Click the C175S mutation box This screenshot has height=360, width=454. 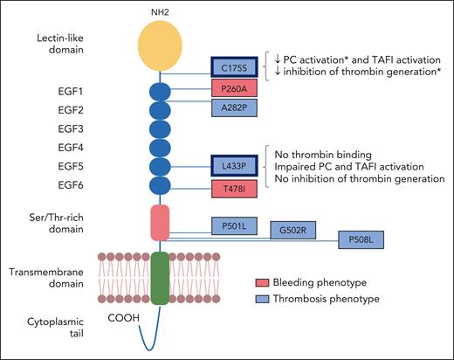(x=235, y=66)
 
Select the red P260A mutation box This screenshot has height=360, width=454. (x=235, y=88)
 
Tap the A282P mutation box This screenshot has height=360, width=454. (x=235, y=107)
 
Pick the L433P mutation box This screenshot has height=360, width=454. (x=235, y=165)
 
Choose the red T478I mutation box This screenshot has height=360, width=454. (x=235, y=187)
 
